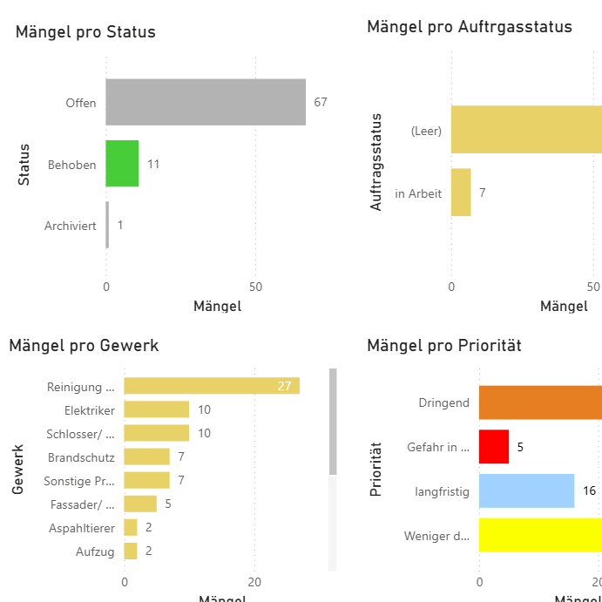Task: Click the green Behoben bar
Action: [122, 164]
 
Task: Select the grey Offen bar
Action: [206, 102]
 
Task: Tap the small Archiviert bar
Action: [107, 225]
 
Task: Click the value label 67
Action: [321, 102]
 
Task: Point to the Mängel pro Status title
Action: [85, 32]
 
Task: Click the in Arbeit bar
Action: [461, 193]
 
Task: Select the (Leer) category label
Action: [427, 132]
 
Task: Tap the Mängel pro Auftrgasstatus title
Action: [470, 27]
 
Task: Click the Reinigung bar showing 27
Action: [212, 386]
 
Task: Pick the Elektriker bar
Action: [157, 409]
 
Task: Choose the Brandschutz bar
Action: [146, 457]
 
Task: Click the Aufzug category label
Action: [95, 551]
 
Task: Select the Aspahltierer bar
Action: [131, 527]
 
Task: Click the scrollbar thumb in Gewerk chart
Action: [333, 422]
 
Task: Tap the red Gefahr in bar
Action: [494, 447]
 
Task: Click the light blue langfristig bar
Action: [526, 490]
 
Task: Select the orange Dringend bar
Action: [540, 402]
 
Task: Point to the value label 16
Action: [590, 490]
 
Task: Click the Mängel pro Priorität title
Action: [443, 346]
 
